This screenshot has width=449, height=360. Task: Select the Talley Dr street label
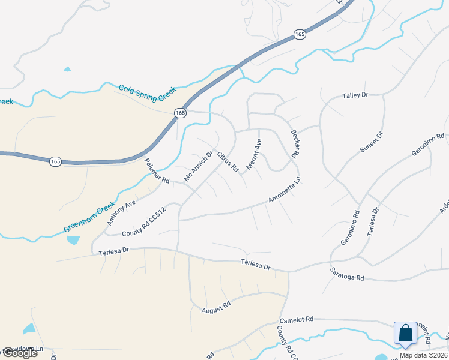(355, 95)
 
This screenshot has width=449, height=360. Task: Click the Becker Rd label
(294, 144)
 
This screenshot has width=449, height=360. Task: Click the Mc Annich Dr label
(199, 166)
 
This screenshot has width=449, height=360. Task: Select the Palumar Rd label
(157, 171)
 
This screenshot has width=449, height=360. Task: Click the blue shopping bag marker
(405, 334)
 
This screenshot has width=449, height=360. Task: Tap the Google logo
(19, 353)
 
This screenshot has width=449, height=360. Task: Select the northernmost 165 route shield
(300, 35)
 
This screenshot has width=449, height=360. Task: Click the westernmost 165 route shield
(55, 161)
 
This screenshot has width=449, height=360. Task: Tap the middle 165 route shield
(180, 113)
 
